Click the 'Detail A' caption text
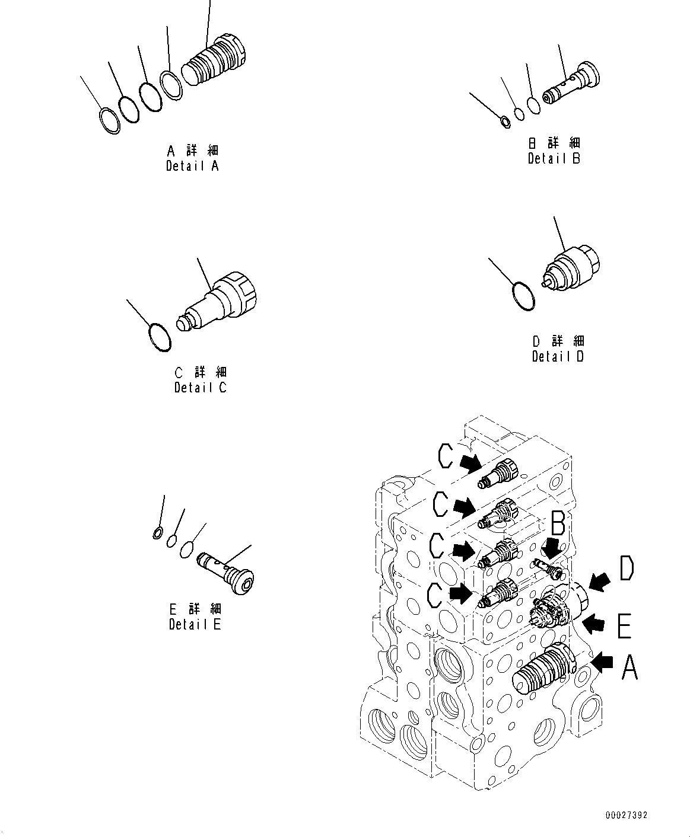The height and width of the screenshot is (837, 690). pyautogui.click(x=192, y=166)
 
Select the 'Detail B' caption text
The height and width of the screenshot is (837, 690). pyautogui.click(x=554, y=158)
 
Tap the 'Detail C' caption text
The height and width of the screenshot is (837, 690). pyautogui.click(x=200, y=388)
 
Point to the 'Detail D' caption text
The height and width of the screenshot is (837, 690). pyautogui.click(x=558, y=356)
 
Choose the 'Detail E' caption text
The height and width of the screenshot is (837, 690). pyautogui.click(x=195, y=624)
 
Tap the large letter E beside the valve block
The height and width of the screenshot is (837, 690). pyautogui.click(x=624, y=627)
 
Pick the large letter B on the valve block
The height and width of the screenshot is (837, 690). pyautogui.click(x=558, y=523)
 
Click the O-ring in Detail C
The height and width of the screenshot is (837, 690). pyautogui.click(x=159, y=336)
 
